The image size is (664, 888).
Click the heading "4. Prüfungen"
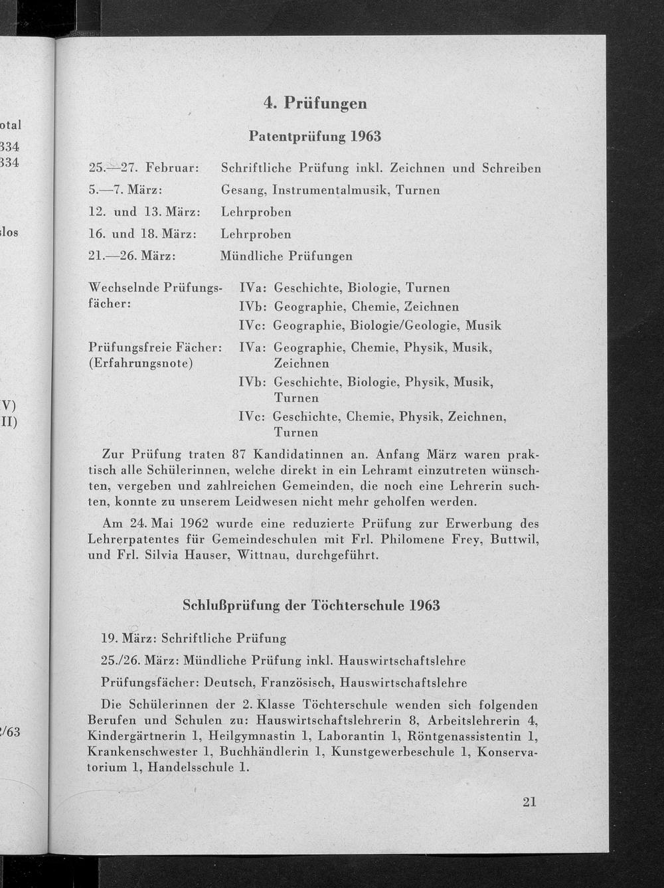coord(315,103)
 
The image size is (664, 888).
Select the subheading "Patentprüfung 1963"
coord(315,136)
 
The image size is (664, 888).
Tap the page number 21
coord(529,802)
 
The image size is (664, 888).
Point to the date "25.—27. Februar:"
coord(143,168)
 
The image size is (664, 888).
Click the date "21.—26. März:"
coord(131,256)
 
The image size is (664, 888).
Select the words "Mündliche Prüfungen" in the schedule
coord(286,256)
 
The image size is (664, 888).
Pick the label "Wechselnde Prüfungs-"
coord(154,288)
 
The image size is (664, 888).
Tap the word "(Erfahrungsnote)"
coord(141,363)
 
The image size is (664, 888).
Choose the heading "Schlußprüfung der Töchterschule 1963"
coord(311,606)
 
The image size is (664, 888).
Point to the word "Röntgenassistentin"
coord(463,736)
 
